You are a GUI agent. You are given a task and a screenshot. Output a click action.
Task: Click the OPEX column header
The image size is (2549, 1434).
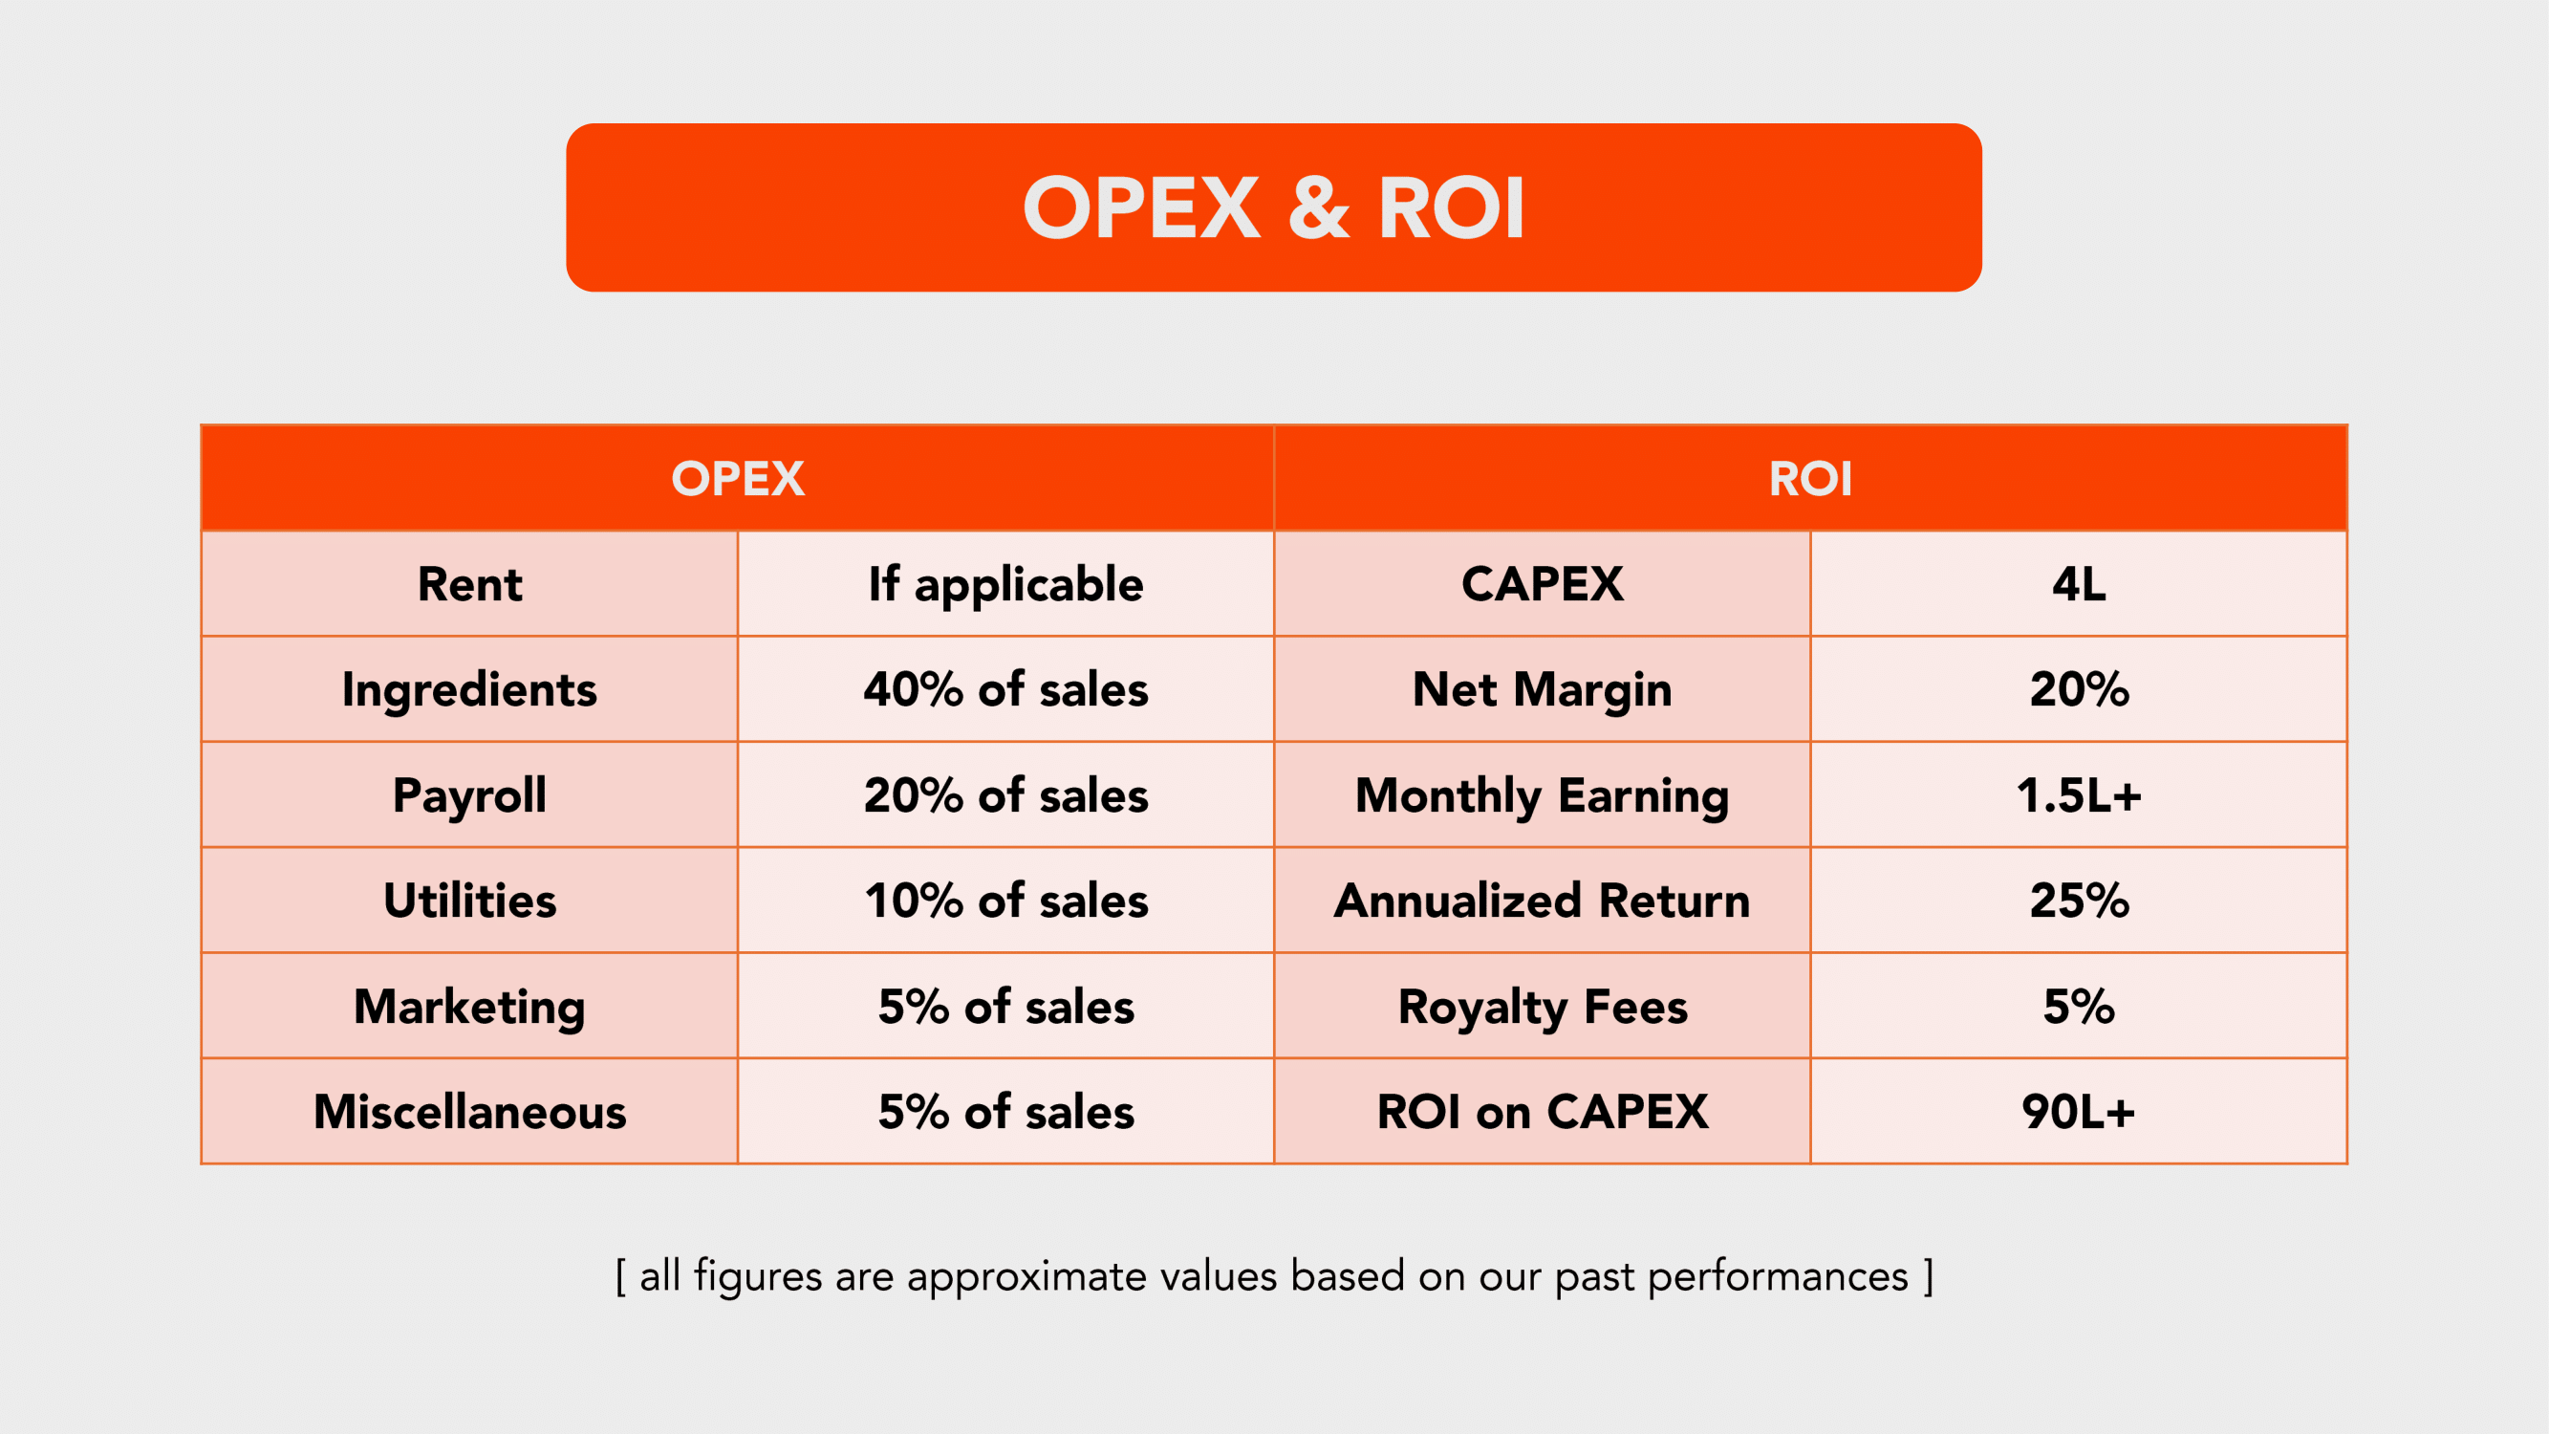(x=737, y=479)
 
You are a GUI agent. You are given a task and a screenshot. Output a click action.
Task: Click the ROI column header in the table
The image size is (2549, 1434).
(x=1810, y=479)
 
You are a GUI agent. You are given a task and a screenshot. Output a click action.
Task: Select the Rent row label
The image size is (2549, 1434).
(x=469, y=584)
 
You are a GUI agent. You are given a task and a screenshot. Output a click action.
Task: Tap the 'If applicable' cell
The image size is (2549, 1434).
(x=1005, y=585)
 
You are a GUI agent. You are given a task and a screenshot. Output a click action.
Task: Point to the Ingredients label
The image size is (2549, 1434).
(x=469, y=691)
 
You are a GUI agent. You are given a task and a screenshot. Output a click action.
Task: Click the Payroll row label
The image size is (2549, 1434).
(x=469, y=796)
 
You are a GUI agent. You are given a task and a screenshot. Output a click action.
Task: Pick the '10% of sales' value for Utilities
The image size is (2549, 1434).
(x=1005, y=901)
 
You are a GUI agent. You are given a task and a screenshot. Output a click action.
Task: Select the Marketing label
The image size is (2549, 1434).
(x=469, y=1008)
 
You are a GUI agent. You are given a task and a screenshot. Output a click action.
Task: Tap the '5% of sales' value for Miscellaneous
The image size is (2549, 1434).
(x=1005, y=1112)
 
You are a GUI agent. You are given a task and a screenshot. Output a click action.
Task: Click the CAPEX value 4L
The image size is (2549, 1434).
(x=2078, y=584)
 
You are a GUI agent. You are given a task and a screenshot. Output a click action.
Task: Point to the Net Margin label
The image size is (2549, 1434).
(x=1542, y=691)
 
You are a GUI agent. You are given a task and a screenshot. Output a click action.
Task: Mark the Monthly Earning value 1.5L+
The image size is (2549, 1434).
(x=2078, y=794)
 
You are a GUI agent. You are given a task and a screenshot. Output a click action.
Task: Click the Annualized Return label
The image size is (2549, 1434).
(x=1542, y=901)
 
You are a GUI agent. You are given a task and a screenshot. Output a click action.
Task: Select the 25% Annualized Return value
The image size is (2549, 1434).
(x=2078, y=901)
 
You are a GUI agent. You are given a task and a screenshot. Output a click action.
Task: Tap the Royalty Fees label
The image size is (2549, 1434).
(x=1542, y=1008)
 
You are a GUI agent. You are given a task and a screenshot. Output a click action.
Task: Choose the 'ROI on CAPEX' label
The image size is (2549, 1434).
(x=1542, y=1112)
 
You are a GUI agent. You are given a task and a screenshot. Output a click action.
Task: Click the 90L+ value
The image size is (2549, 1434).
(x=2078, y=1112)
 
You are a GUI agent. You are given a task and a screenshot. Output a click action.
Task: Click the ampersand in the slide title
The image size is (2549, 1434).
(x=1319, y=207)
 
